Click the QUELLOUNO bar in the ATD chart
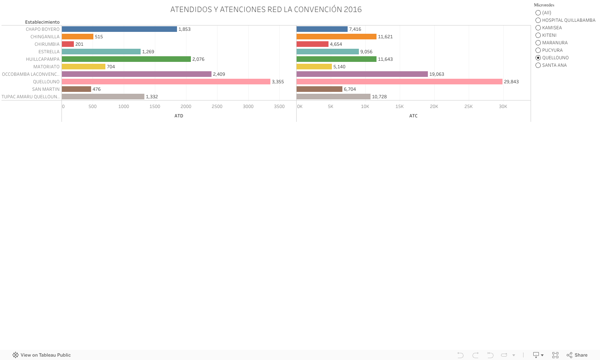click(166, 82)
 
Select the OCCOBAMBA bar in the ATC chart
click(362, 74)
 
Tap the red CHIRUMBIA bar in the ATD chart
click(68, 44)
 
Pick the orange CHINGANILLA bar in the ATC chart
click(336, 37)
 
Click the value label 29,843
click(511, 82)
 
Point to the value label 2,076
click(198, 59)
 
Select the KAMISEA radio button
click(538, 28)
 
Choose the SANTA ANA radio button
click(538, 65)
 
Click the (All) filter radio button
click(538, 13)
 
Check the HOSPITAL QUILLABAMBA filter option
click(538, 20)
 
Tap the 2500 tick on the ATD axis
click(217, 106)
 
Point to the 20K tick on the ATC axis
click(434, 106)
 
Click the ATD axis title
click(179, 116)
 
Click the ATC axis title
click(413, 116)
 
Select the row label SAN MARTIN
click(46, 89)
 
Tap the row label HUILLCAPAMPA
click(43, 59)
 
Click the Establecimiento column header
click(42, 22)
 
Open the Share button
click(577, 355)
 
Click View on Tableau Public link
click(42, 355)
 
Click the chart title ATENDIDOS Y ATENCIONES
click(266, 9)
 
